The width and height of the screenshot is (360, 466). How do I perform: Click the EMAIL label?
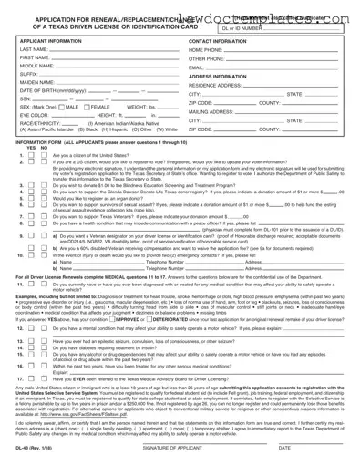point(196,67)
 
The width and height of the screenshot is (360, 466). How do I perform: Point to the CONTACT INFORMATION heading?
point(222,41)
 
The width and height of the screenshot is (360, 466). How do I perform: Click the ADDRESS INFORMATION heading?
point(223,76)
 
